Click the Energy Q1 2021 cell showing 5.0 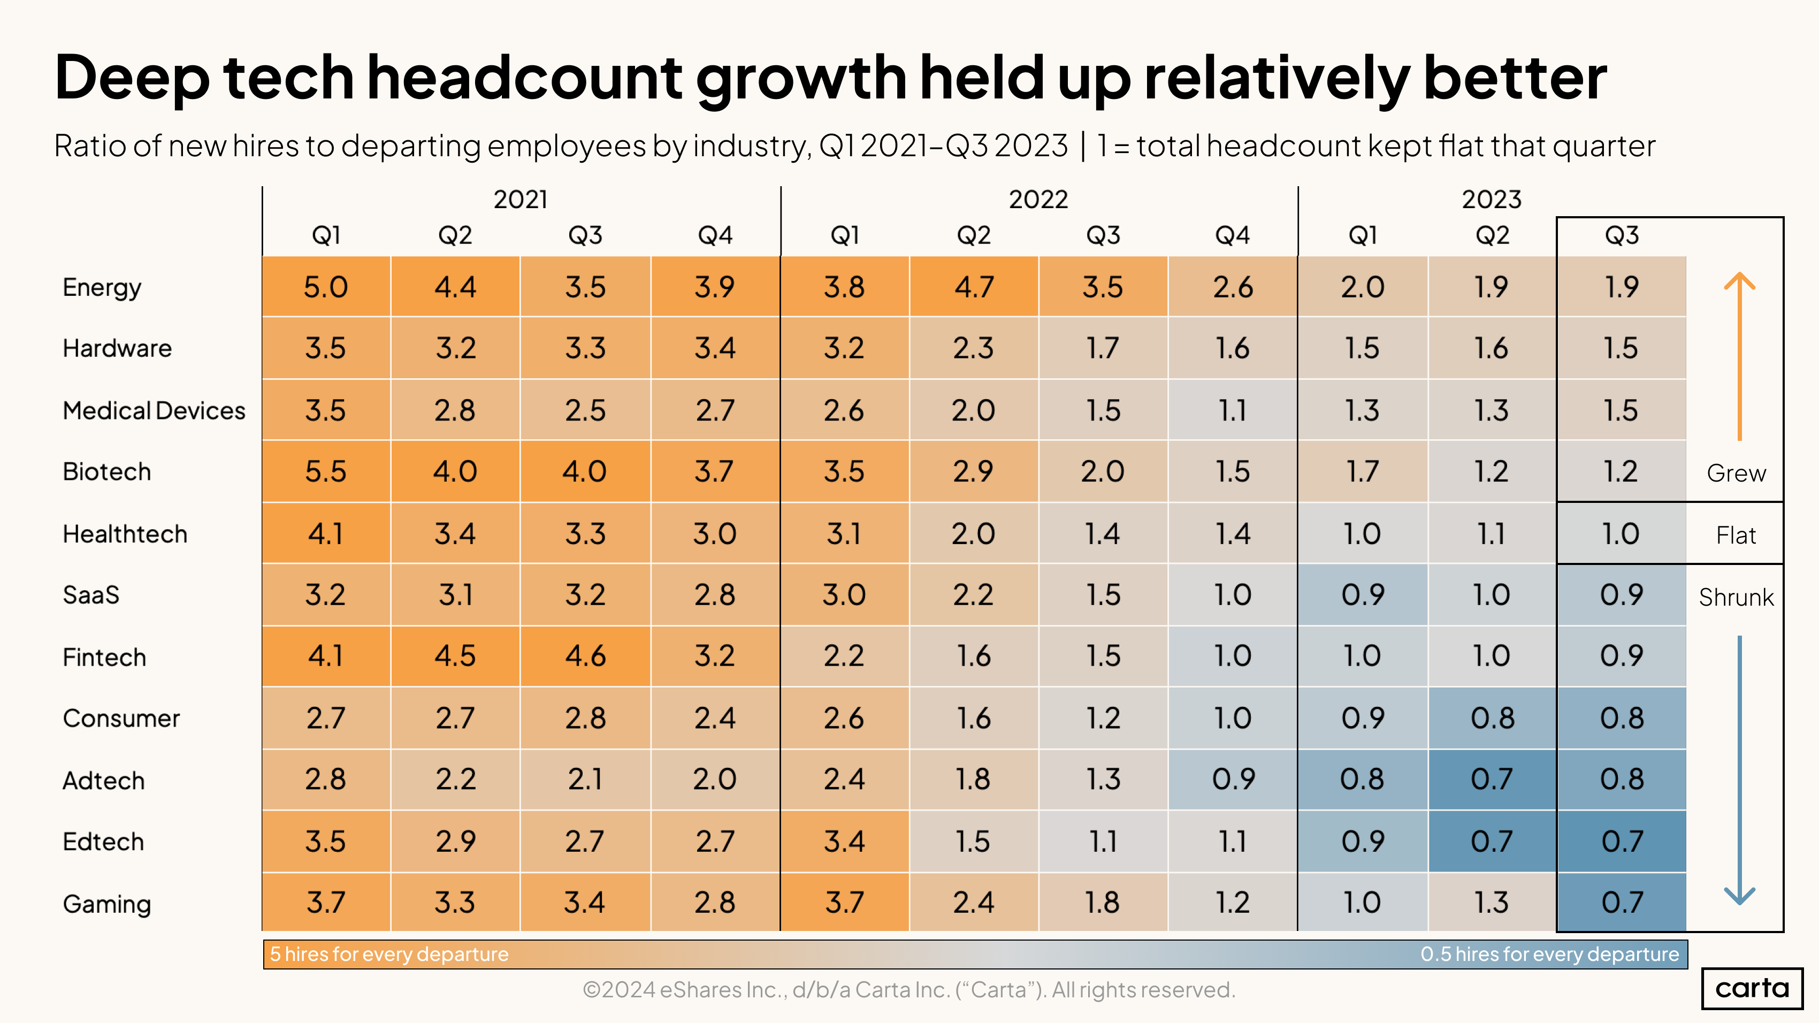pos(325,287)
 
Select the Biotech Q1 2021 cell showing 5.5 pos(325,471)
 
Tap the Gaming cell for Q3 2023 pos(1621,902)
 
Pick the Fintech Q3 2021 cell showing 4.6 pos(585,656)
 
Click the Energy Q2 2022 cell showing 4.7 pos(974,287)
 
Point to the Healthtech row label pos(125,534)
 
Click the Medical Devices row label pos(154,410)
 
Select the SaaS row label pos(91,594)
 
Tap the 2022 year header pos(1037,199)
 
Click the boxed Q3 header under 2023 pos(1621,235)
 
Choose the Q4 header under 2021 pos(715,235)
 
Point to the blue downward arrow pos(1739,769)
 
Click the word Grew pos(1736,473)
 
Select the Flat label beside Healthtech pos(1736,535)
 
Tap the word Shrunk pos(1736,597)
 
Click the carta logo pos(1752,988)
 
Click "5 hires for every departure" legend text pos(389,954)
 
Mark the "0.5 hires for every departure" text pos(1549,954)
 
